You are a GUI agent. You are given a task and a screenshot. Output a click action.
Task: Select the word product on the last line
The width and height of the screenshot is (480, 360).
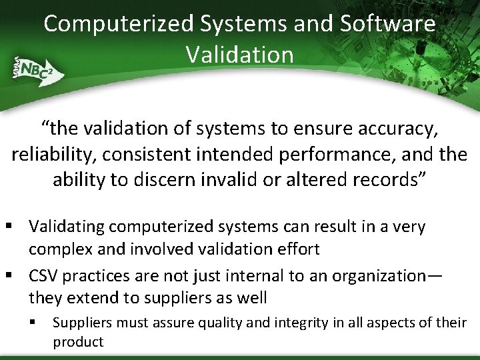[78, 342]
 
